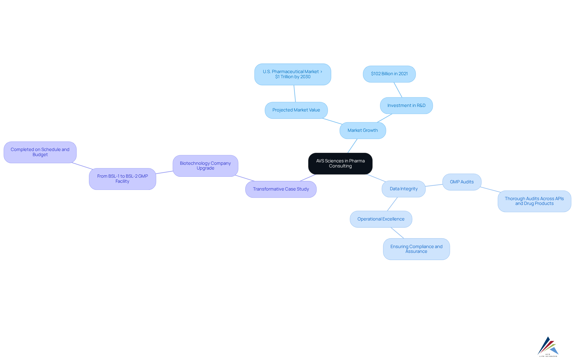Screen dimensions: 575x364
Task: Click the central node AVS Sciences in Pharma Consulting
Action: (340, 163)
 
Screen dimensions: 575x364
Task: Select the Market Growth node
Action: (363, 130)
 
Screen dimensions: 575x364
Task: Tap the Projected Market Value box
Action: (296, 110)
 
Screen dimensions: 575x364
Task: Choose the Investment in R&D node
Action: (406, 105)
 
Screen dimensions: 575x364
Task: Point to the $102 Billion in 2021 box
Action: (389, 74)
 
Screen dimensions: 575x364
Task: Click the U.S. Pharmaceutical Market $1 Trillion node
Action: (293, 74)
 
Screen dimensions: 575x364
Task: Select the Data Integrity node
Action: (403, 189)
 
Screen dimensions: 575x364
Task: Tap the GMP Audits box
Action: (462, 182)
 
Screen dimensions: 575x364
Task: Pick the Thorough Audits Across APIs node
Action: (534, 201)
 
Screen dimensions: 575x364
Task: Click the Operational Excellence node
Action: (381, 219)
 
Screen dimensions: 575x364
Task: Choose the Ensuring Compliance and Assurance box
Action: (416, 249)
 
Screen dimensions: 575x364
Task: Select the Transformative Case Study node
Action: (281, 189)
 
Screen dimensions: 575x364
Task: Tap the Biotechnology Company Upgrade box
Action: (205, 166)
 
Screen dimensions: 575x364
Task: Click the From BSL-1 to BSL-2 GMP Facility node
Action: (122, 179)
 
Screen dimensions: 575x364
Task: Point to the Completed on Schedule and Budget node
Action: (40, 152)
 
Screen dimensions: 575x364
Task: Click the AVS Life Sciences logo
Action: (548, 347)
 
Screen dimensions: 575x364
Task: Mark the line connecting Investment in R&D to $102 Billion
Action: (398, 90)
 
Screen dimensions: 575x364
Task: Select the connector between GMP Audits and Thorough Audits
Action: (490, 190)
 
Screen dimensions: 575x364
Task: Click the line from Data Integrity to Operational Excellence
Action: (392, 204)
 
